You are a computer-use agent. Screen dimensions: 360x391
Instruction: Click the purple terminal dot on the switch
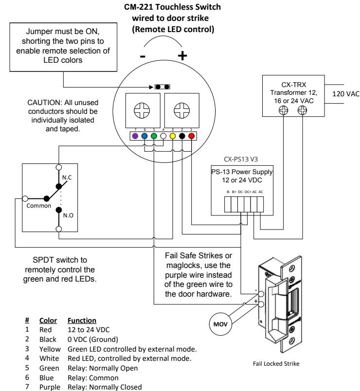coord(135,136)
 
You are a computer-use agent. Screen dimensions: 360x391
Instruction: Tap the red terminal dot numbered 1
coord(191,136)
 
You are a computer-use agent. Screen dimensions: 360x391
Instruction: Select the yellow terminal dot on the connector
coord(173,136)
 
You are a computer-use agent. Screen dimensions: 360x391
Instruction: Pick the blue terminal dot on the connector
coord(144,136)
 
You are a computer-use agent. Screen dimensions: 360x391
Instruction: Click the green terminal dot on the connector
coord(154,136)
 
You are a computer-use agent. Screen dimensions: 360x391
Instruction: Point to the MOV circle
coord(220,324)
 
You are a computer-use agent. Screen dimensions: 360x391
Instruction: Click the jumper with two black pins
coord(162,87)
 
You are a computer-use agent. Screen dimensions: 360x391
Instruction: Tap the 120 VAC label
coord(345,94)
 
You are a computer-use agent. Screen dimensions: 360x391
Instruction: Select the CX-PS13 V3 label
coord(241,160)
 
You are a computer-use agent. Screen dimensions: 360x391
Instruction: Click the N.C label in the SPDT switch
coord(67,178)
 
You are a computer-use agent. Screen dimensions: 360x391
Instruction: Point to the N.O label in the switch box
coord(68,215)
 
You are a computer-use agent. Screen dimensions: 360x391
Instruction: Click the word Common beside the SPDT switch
coord(38,206)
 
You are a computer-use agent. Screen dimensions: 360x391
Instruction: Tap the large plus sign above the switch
coord(182,55)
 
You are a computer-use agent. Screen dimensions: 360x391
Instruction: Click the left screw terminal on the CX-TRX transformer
coord(283,110)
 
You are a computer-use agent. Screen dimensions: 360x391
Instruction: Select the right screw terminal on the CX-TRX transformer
coord(303,110)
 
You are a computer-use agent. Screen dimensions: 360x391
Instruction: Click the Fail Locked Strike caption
coord(276,364)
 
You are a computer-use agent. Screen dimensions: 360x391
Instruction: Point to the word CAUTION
coord(44,103)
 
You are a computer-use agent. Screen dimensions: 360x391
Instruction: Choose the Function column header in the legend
coord(82,320)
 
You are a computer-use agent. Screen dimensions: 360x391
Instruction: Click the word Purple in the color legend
coord(50,387)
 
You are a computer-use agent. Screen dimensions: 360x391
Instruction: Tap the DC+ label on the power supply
coord(248,192)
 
